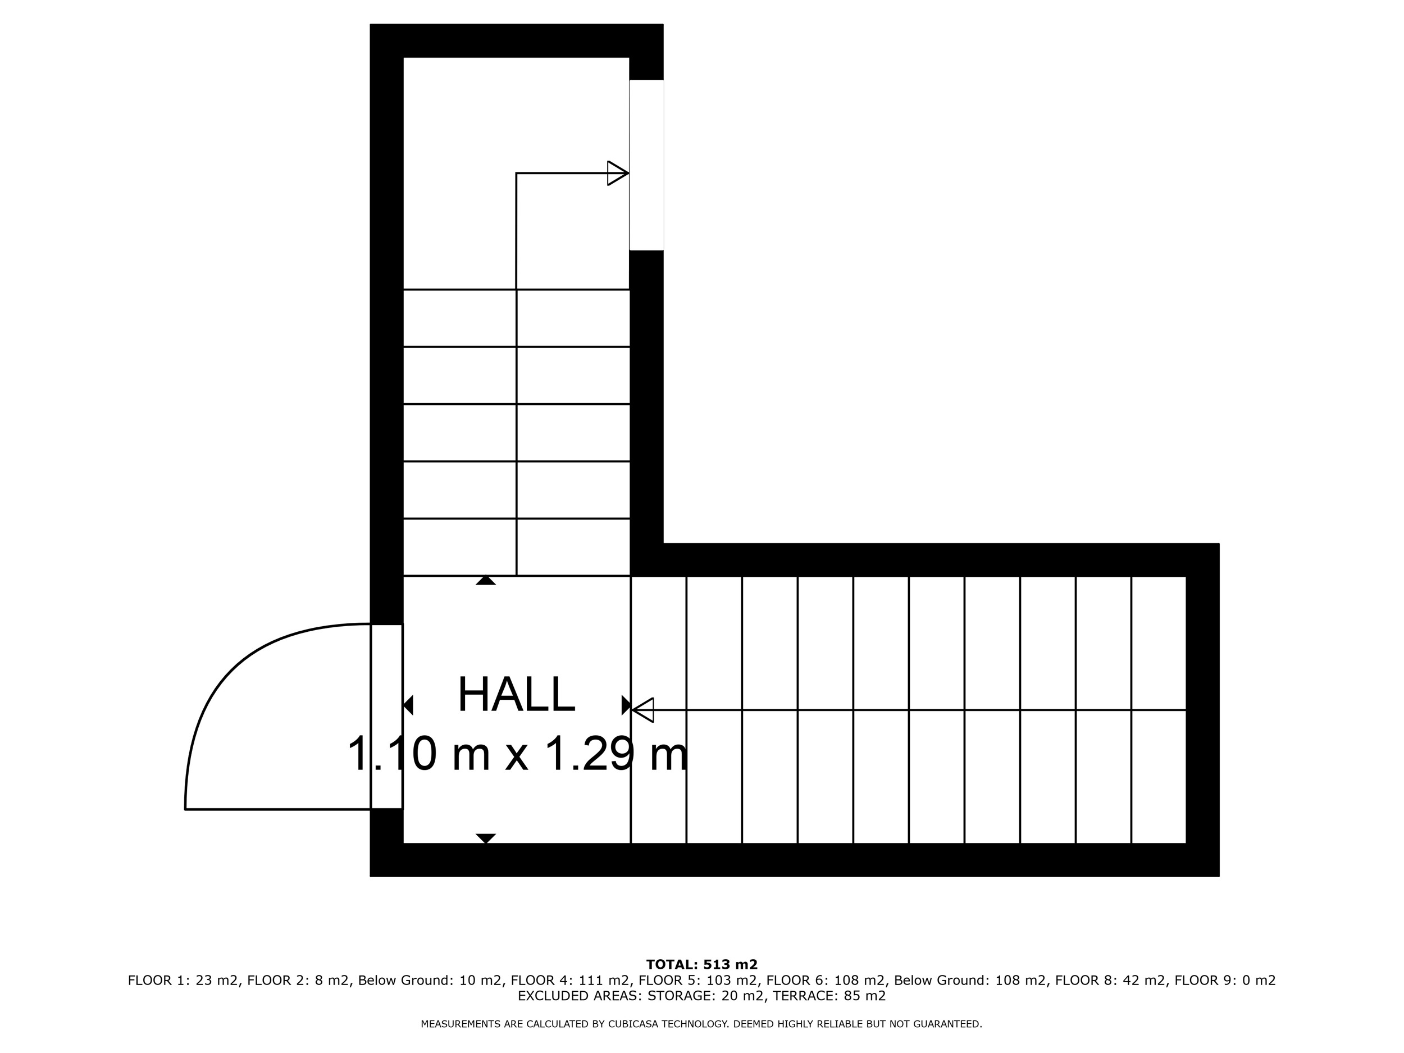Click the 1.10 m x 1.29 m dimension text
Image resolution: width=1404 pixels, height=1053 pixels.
517,754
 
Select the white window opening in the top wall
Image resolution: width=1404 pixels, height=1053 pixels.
646,165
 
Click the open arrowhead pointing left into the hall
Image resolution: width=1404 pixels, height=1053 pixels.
642,710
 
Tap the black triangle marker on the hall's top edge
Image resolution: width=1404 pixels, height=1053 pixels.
486,580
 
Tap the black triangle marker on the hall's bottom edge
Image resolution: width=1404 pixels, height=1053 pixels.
486,838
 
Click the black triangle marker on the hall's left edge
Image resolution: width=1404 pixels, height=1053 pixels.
408,705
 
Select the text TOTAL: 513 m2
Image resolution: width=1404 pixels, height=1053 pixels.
702,965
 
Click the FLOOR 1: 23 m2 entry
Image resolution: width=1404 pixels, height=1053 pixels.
184,981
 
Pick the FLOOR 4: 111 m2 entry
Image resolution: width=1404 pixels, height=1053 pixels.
570,981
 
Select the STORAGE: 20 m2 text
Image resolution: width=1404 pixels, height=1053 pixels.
705,996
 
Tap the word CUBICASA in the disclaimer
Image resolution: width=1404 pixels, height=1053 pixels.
639,1024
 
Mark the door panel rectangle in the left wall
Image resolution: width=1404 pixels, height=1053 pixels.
386,717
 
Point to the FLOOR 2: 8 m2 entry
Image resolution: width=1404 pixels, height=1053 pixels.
298,981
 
